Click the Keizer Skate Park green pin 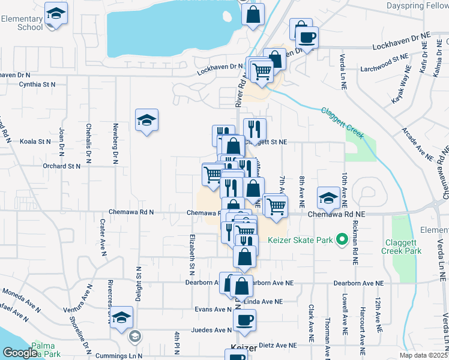[x=342, y=241]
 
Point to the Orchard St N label [x=61, y=166]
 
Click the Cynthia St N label [x=37, y=85]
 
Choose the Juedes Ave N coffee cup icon [x=244, y=320]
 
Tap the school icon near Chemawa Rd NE [x=328, y=197]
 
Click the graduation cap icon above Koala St [x=146, y=121]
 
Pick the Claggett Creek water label [x=343, y=123]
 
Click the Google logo [x=19, y=353]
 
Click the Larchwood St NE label [x=384, y=62]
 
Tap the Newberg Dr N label [x=114, y=144]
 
